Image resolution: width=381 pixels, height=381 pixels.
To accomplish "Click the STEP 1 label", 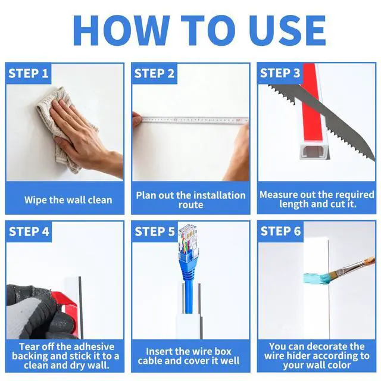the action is pos(29,73).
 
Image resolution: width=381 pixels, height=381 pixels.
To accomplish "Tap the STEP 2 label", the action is pos(154,73).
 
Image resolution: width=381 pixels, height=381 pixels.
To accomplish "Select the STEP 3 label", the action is pos(280,73).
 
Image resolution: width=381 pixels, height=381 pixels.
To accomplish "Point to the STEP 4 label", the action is pos(29,232).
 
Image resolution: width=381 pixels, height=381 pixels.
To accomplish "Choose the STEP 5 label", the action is pos(155,232).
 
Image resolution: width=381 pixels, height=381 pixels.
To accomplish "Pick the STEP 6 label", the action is pos(280,231).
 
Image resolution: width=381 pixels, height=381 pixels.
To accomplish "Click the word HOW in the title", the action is pos(121,30).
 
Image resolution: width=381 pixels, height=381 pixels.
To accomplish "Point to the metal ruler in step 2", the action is pos(195,120).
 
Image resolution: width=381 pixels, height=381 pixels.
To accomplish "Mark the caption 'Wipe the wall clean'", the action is pos(68,200).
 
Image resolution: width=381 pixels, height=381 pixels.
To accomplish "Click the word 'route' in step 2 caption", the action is pos(190,205).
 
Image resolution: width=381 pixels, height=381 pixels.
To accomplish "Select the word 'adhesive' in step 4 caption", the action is pos(95,346).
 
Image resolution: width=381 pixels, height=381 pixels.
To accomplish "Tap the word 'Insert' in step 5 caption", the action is pos(159,351).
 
